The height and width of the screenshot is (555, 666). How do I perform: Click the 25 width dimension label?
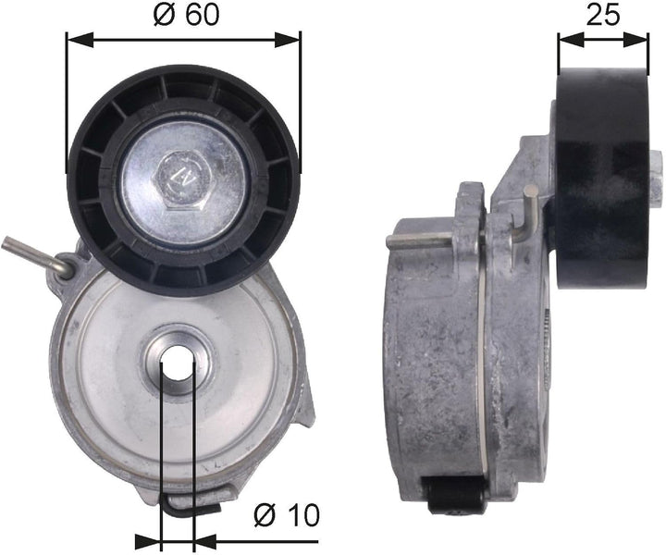coord(602,15)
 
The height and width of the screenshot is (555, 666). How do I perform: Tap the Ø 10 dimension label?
coord(285,514)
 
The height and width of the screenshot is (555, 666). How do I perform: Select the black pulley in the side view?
coord(601,166)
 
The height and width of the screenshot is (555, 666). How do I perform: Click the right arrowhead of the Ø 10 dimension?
coord(204,539)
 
